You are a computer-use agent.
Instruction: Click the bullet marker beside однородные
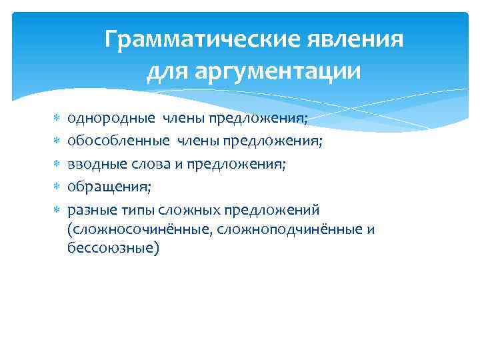tap(57, 119)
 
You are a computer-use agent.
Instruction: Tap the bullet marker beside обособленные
tap(57, 141)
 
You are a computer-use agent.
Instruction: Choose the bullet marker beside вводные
tap(57, 165)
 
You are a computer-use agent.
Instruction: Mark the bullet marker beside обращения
tap(57, 187)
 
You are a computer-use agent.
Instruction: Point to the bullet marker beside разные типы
tap(57, 210)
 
